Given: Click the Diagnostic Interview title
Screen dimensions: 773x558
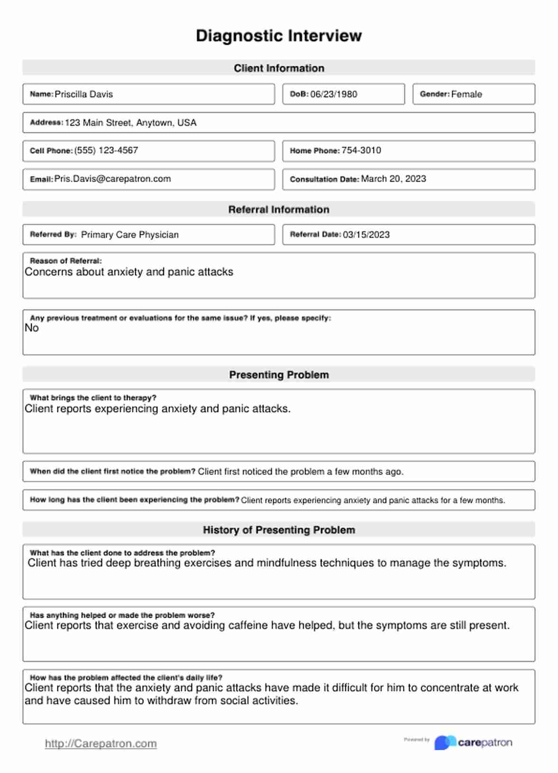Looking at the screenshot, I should [x=279, y=36].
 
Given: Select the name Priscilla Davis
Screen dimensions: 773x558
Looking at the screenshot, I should [x=84, y=94].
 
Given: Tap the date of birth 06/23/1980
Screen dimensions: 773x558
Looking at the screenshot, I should [x=334, y=94].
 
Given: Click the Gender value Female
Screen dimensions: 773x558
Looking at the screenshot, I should [x=466, y=94].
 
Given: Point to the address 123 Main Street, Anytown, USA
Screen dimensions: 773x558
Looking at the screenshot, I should [x=130, y=123].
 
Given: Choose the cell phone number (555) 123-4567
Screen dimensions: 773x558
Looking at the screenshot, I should [x=106, y=150].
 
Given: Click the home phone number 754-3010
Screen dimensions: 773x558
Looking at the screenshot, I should [x=361, y=150].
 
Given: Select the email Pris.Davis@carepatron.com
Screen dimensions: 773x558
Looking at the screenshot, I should [x=112, y=179].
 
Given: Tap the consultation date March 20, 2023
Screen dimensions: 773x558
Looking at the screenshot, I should [x=393, y=179].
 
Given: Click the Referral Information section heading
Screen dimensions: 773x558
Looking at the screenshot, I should [x=279, y=210].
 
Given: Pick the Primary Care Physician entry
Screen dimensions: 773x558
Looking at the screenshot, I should [x=130, y=235].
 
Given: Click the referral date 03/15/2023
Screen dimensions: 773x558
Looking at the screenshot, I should [x=366, y=235].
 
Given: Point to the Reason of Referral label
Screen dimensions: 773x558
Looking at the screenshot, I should [x=66, y=261].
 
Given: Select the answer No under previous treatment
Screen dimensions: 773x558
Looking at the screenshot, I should [x=32, y=328].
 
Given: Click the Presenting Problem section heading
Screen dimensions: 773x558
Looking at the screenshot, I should [x=279, y=375].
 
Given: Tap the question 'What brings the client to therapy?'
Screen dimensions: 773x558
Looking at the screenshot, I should [x=93, y=398].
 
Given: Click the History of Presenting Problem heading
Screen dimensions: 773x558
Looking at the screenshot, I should [x=279, y=530].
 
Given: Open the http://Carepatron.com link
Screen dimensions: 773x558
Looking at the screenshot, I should [x=101, y=744].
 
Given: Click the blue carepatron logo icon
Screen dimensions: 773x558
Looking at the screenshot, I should [x=445, y=743].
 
